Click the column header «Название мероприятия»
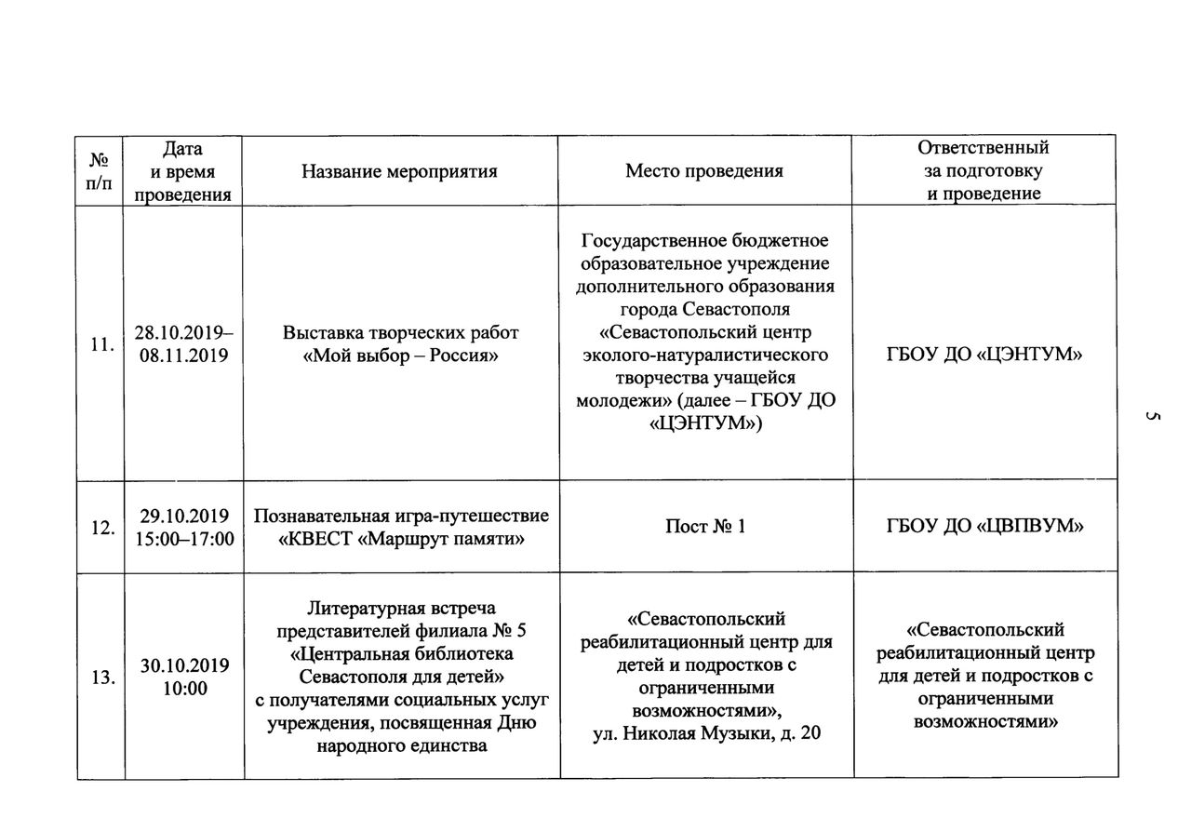399,171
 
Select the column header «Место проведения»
704,171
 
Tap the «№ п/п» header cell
99,171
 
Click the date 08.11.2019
183,355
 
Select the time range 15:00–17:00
183,538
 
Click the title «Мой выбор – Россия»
401,356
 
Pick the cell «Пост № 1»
705,527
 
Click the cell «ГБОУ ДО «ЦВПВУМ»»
986,527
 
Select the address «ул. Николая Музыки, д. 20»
706,733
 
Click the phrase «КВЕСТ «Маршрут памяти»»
401,538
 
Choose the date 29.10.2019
184,516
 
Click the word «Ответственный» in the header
984,148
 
